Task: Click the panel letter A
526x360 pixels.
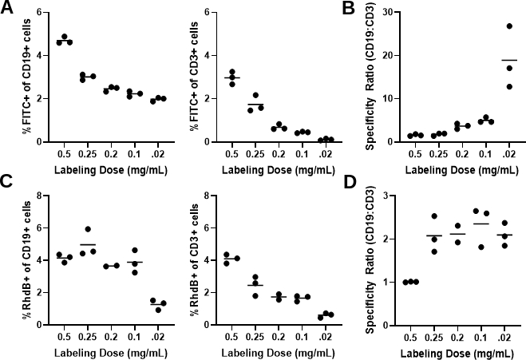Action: [9, 10]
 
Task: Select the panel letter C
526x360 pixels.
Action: [9, 192]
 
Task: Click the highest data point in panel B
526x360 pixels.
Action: [509, 26]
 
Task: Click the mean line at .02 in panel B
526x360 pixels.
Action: [509, 61]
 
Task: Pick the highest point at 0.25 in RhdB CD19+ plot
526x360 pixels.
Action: [88, 229]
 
